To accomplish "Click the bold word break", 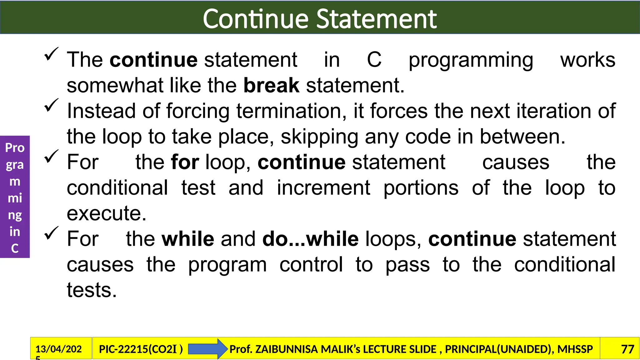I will [271, 85].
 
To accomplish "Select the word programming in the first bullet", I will [471, 60].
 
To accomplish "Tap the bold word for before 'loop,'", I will [185, 162].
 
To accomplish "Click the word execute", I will [106, 214].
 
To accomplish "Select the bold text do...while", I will [310, 239].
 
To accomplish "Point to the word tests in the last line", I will [91, 290].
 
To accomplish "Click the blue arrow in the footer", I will [207, 349].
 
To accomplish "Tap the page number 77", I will [627, 349].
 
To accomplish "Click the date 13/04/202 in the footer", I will [58, 349].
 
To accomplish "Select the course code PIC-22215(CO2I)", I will [141, 349].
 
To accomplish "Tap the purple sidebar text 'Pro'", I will [15, 148].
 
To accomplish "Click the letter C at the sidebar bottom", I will [15, 248].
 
